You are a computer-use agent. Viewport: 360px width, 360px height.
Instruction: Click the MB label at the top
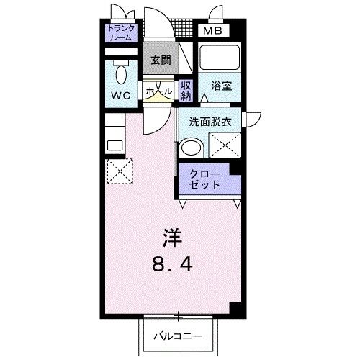(x=211, y=32)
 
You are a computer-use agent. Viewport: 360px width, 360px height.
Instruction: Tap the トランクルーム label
(x=120, y=33)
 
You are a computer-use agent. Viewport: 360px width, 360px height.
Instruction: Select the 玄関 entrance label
(x=161, y=61)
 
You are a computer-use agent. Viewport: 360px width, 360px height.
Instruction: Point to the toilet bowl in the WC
(x=121, y=74)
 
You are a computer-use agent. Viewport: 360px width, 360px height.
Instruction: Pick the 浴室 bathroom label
(x=220, y=85)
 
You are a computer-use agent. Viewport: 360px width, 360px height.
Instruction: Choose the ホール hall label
(x=158, y=91)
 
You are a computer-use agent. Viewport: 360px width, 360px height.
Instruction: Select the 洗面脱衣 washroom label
(x=210, y=122)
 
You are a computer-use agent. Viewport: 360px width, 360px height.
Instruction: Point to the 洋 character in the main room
(x=171, y=237)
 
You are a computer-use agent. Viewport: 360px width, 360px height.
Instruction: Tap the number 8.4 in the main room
(x=171, y=265)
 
